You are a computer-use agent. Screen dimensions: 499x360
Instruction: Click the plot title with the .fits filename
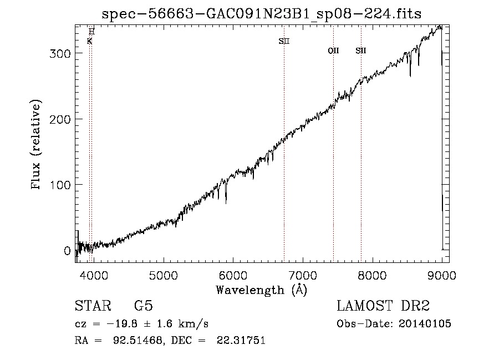[261, 14]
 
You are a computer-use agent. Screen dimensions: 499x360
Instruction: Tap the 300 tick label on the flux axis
[60, 53]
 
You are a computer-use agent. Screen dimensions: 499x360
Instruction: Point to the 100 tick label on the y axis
[60, 185]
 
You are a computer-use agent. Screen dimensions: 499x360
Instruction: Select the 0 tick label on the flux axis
[67, 251]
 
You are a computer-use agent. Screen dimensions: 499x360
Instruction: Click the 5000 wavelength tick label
[163, 276]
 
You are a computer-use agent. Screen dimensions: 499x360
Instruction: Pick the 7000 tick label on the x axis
[303, 276]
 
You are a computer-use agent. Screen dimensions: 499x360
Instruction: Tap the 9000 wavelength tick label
[442, 276]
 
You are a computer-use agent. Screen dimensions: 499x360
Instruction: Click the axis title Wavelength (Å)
[262, 290]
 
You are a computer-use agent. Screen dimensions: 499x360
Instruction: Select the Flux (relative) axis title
[35, 145]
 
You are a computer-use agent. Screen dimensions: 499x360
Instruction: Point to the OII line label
[334, 50]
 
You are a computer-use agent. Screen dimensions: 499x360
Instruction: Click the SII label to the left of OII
[284, 41]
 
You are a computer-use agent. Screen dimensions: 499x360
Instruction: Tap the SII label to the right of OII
[361, 50]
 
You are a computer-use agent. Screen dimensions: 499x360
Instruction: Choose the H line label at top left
[91, 32]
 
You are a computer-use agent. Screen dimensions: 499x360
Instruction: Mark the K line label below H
[89, 41]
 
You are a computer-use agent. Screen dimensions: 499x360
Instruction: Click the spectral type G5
[144, 306]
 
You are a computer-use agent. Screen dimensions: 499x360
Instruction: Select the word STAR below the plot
[93, 306]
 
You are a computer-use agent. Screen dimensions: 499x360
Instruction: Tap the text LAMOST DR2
[383, 306]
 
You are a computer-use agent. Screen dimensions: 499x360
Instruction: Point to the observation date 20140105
[425, 324]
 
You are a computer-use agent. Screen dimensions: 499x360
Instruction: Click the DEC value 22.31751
[241, 340]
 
